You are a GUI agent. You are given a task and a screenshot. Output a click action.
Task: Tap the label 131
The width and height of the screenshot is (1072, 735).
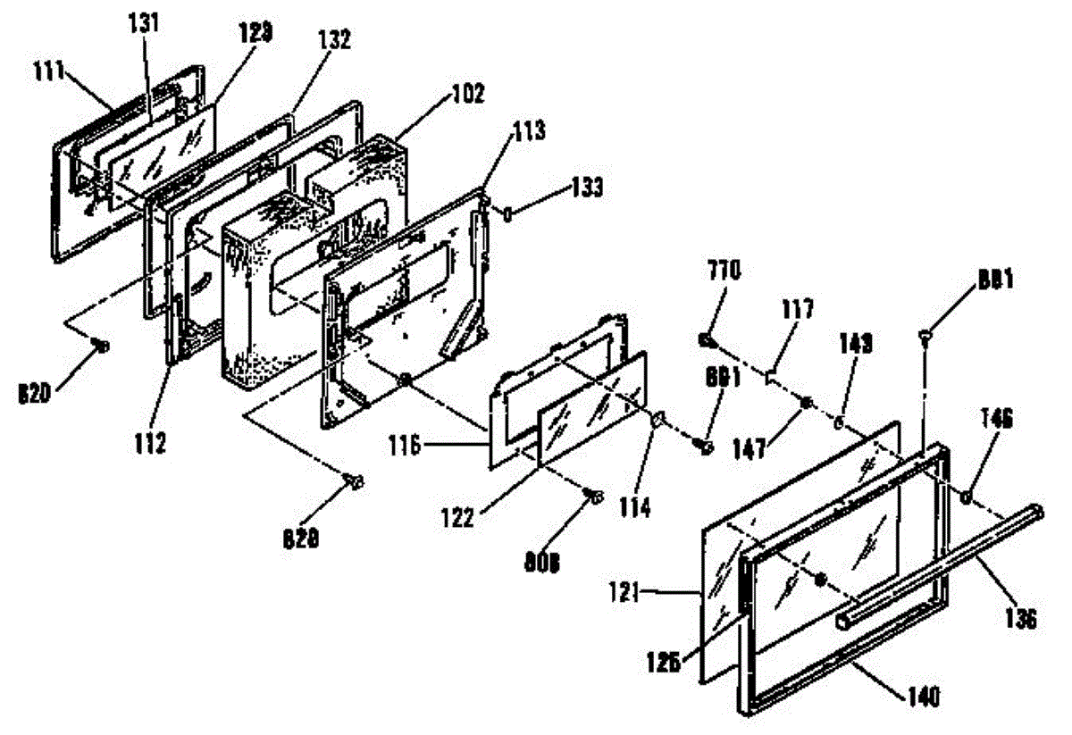[x=142, y=24]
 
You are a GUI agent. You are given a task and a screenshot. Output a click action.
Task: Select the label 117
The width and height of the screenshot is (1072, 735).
[x=797, y=311]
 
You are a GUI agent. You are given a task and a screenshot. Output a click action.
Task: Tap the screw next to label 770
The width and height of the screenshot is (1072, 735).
[x=706, y=340]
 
